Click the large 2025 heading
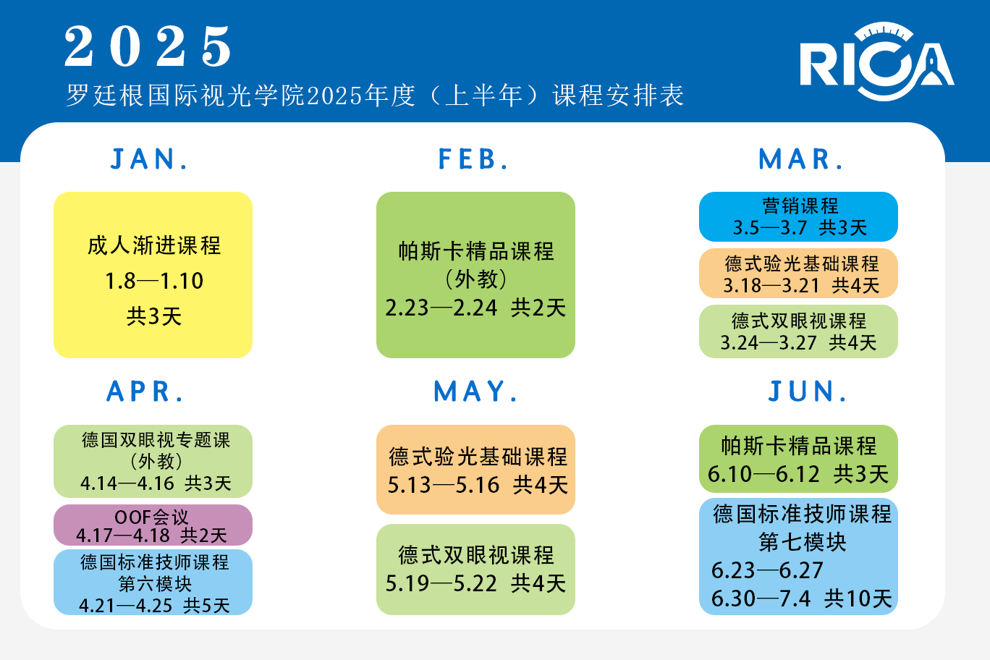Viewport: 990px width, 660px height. coord(148,46)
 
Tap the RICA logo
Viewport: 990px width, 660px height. coord(876,62)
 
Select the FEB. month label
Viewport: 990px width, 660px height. coord(474,159)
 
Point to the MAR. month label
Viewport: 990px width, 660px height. coord(800,159)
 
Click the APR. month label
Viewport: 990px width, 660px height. coord(145,392)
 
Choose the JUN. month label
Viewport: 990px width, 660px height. coord(808,392)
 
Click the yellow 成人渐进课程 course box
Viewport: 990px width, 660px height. coord(153,274)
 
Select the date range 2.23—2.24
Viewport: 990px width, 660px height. coord(441,308)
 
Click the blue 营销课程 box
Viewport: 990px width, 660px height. coord(798,216)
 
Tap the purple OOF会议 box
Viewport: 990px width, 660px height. coord(153,525)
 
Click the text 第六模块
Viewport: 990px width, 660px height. coord(155,583)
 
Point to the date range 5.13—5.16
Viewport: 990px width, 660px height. coord(444,485)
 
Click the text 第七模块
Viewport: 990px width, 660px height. coord(803,542)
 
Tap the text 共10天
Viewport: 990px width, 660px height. coord(858,598)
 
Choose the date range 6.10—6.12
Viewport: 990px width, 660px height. coord(764,475)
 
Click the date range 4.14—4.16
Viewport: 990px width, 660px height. coord(127,483)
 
